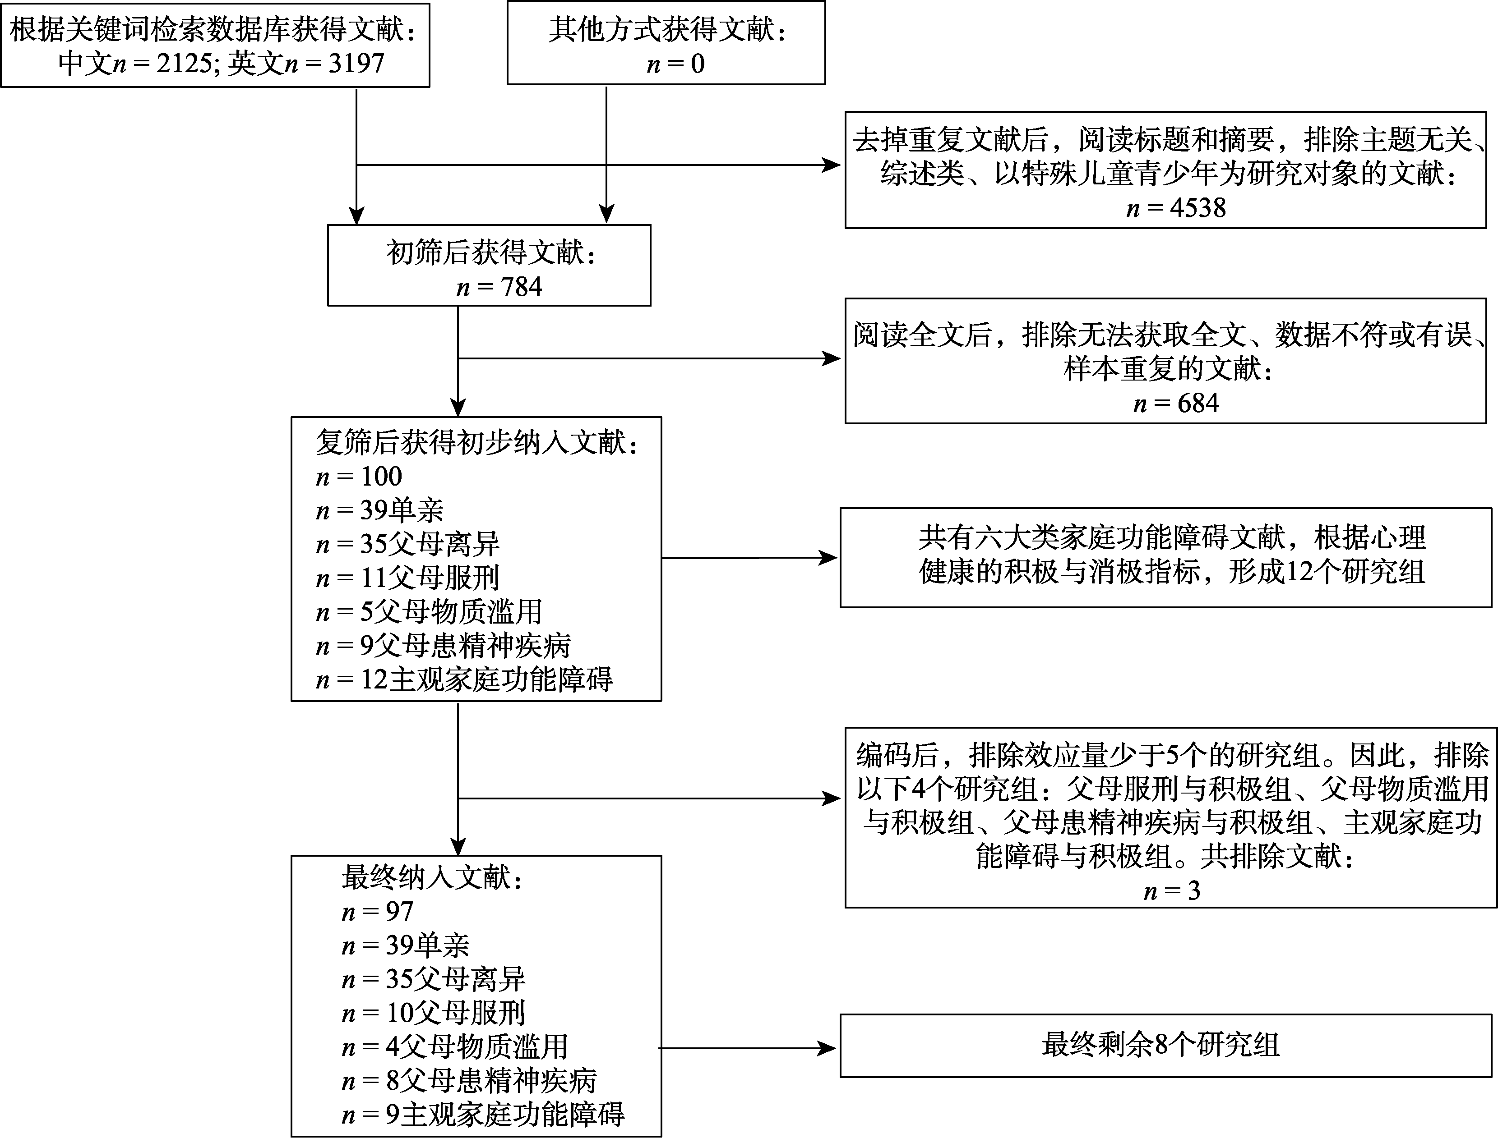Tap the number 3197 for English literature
356,64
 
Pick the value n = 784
499,287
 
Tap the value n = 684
1176,404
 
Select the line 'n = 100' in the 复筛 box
359,477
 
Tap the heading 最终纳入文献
432,878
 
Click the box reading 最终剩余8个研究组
1160,1045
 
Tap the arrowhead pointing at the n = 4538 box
832,165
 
